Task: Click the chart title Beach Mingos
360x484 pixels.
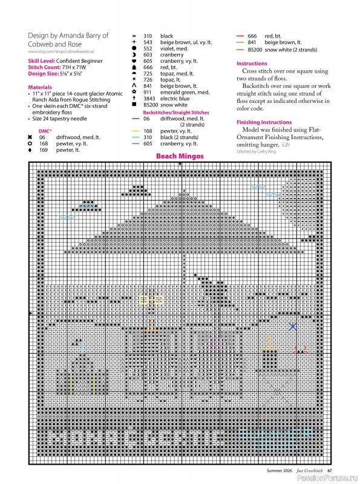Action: [180, 156]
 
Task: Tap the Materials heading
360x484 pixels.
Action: [40, 87]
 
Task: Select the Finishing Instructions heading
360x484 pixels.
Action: [264, 122]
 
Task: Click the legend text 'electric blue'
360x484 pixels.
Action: [175, 98]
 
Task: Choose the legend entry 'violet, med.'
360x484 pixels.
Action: [175, 48]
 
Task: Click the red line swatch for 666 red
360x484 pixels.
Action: [240, 36]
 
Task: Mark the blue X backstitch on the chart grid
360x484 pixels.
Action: [293, 326]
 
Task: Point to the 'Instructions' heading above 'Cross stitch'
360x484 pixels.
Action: [252, 64]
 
